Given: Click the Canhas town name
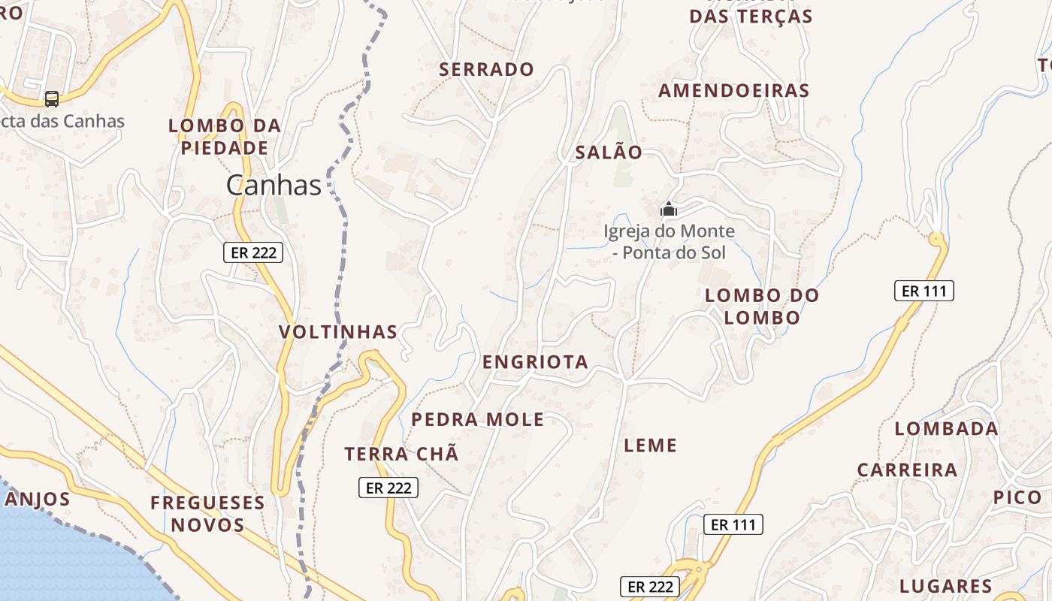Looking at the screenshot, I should click(x=274, y=185).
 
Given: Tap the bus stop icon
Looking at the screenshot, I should click(x=52, y=98).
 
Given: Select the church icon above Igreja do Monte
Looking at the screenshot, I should click(x=669, y=209).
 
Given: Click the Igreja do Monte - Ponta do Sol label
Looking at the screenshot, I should click(x=669, y=242).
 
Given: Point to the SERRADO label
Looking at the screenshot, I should click(x=487, y=70).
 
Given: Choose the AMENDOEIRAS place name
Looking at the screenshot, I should click(x=734, y=91).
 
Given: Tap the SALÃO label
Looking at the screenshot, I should click(x=609, y=153).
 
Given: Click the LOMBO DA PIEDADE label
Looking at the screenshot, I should click(x=225, y=137).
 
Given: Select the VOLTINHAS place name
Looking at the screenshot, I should click(x=338, y=332).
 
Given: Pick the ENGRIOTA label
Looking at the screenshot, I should click(x=535, y=362).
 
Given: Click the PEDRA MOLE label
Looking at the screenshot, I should click(x=478, y=420).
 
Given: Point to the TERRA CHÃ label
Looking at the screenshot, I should click(x=401, y=455).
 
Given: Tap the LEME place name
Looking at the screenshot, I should click(x=651, y=445).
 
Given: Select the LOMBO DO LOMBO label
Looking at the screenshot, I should click(x=762, y=307).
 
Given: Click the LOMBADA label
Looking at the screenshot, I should click(x=946, y=429).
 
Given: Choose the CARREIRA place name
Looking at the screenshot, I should click(x=908, y=470).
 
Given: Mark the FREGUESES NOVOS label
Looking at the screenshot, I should click(x=208, y=514).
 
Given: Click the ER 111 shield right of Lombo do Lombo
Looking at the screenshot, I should click(x=924, y=291).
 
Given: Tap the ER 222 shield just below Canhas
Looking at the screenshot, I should click(x=253, y=252).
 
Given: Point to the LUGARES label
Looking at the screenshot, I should click(x=946, y=587).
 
